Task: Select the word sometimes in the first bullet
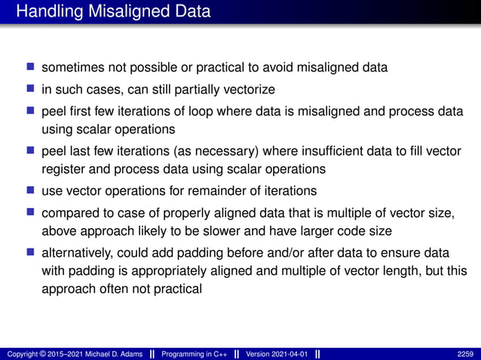click(x=70, y=68)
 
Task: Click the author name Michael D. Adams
click(x=111, y=353)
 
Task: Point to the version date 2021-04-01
click(x=289, y=353)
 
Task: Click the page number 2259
click(x=466, y=353)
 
